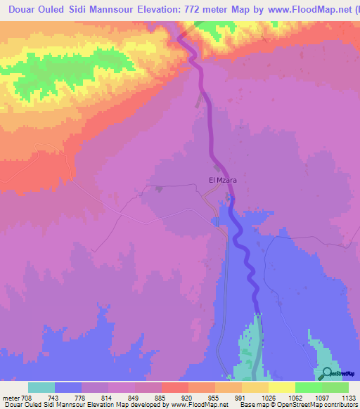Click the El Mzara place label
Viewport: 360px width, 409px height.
point(222,180)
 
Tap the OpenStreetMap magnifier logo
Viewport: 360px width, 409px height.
point(326,373)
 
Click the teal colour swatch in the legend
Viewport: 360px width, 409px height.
point(41,387)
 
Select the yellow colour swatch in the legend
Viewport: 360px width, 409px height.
point(281,387)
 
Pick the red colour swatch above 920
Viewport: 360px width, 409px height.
point(174,387)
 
